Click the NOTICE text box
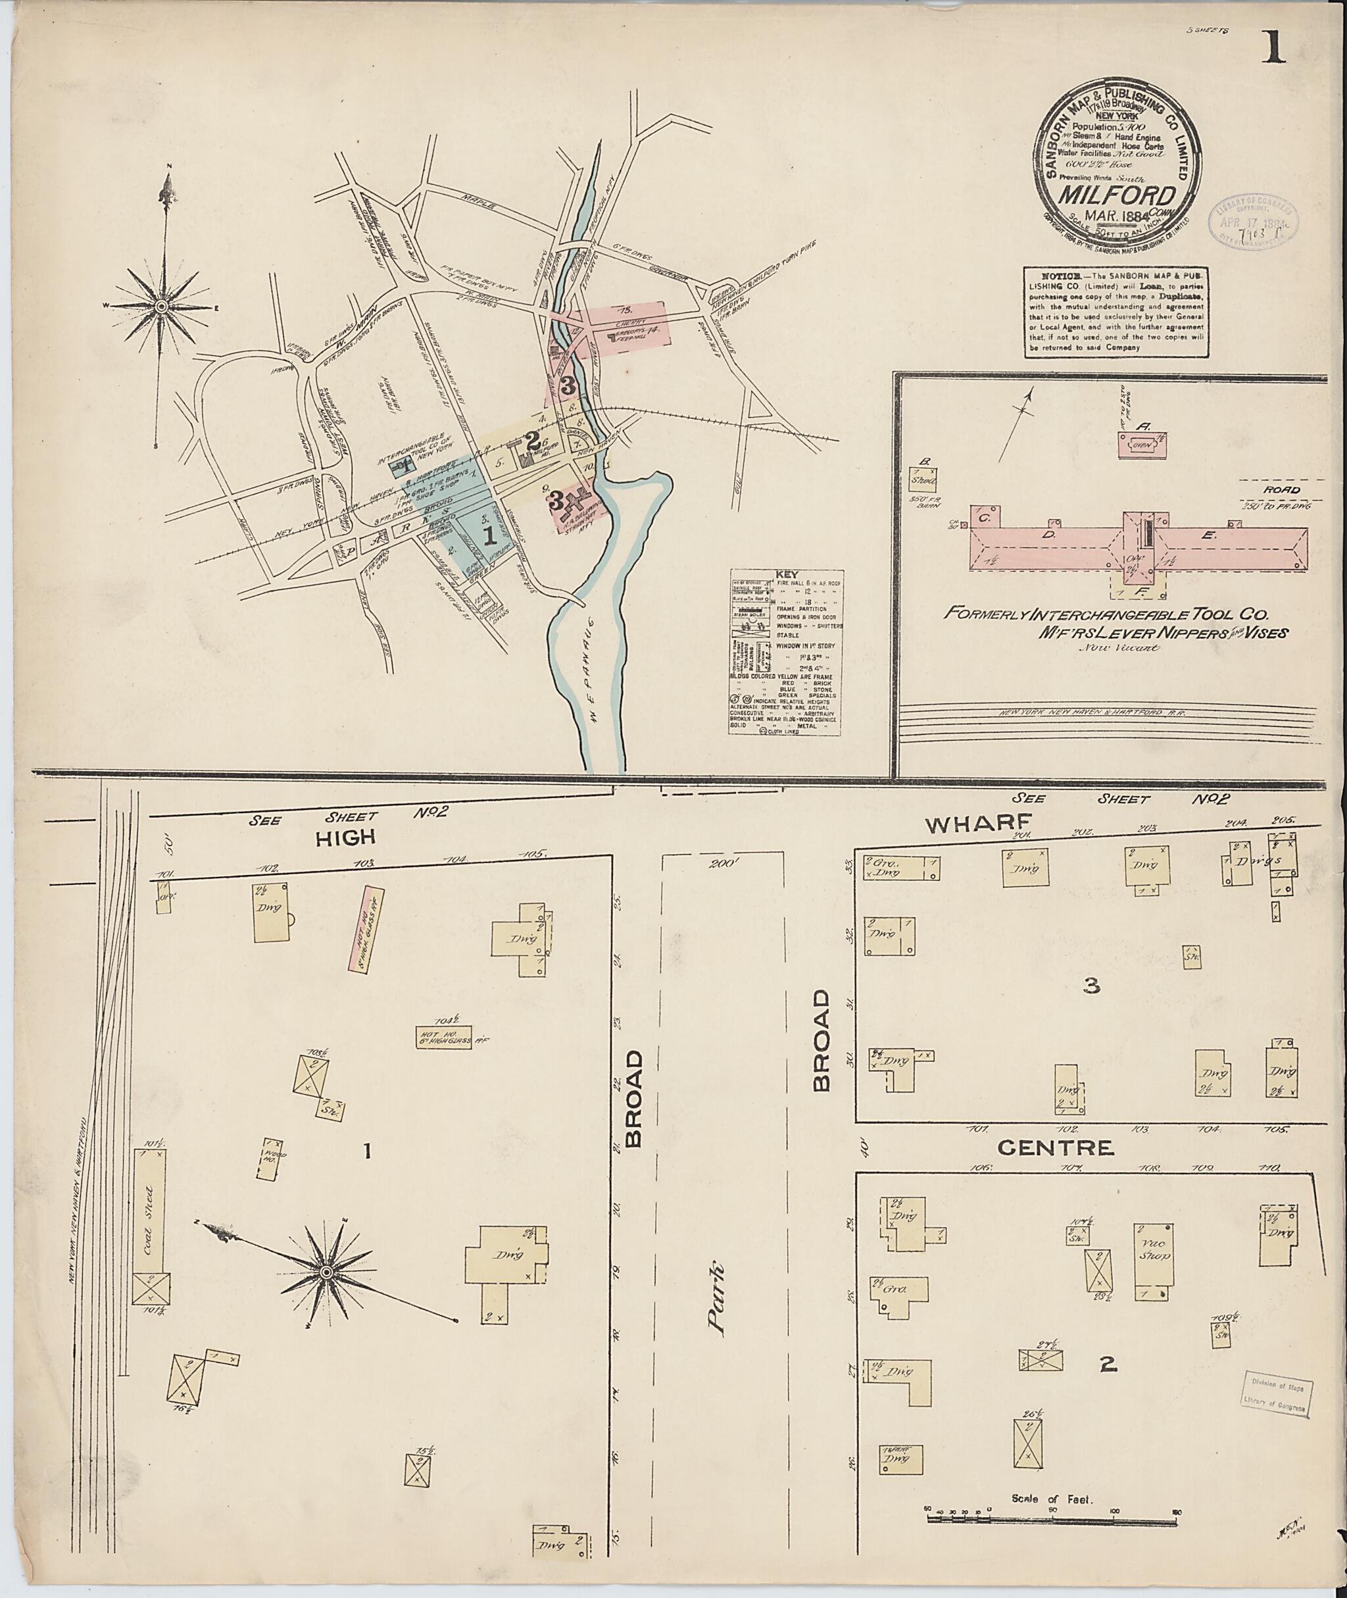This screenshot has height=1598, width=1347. tap(1116, 311)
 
